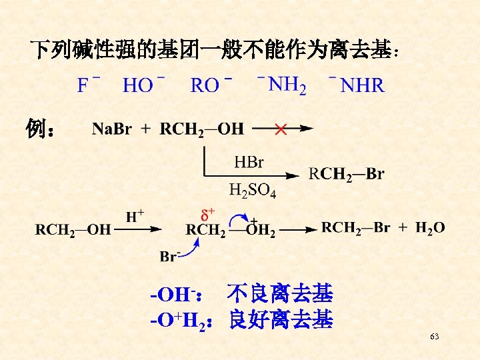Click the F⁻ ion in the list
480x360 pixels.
(89, 85)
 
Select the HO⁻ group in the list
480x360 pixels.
(144, 85)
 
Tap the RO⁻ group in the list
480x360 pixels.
(211, 85)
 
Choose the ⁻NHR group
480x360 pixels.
(357, 85)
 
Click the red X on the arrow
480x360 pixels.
(281, 129)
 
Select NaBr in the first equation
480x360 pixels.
(111, 129)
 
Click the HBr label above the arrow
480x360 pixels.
(249, 162)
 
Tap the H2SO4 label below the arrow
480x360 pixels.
(252, 191)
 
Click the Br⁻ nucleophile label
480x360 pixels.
(169, 256)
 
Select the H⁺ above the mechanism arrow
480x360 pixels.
(136, 215)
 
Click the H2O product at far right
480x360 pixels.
(430, 228)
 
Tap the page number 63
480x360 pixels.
(435, 337)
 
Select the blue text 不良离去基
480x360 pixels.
(280, 293)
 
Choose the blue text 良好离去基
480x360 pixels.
(280, 320)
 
